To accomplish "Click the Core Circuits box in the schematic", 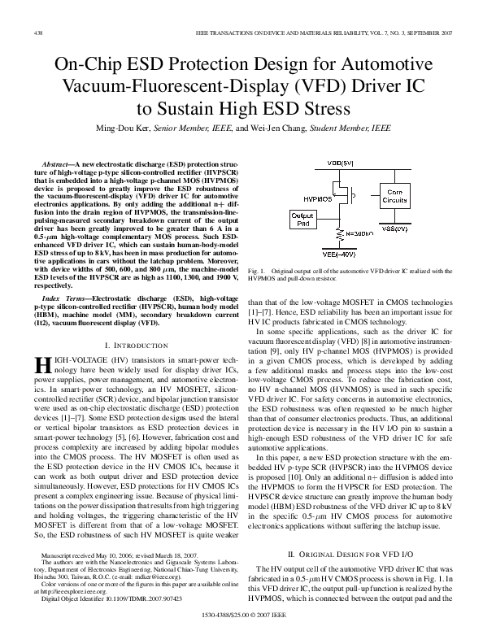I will click(x=395, y=196).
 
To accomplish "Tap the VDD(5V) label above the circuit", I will click(x=340, y=163).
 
